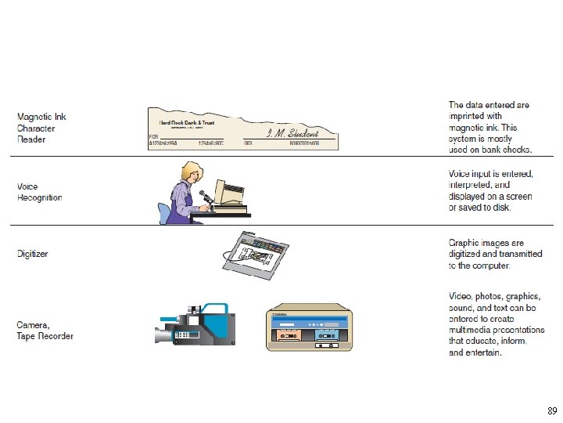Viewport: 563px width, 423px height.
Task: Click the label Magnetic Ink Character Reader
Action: pos(41,128)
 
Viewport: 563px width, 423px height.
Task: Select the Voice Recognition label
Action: pos(39,193)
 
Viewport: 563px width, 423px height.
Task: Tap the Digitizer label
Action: pos(33,254)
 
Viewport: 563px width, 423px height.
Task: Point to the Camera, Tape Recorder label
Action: pos(45,331)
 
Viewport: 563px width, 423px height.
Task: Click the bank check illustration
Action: pos(243,128)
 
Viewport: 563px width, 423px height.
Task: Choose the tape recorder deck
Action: pos(309,327)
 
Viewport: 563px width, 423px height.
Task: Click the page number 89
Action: pos(552,410)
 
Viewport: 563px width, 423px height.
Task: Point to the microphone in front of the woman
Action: pos(203,194)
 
